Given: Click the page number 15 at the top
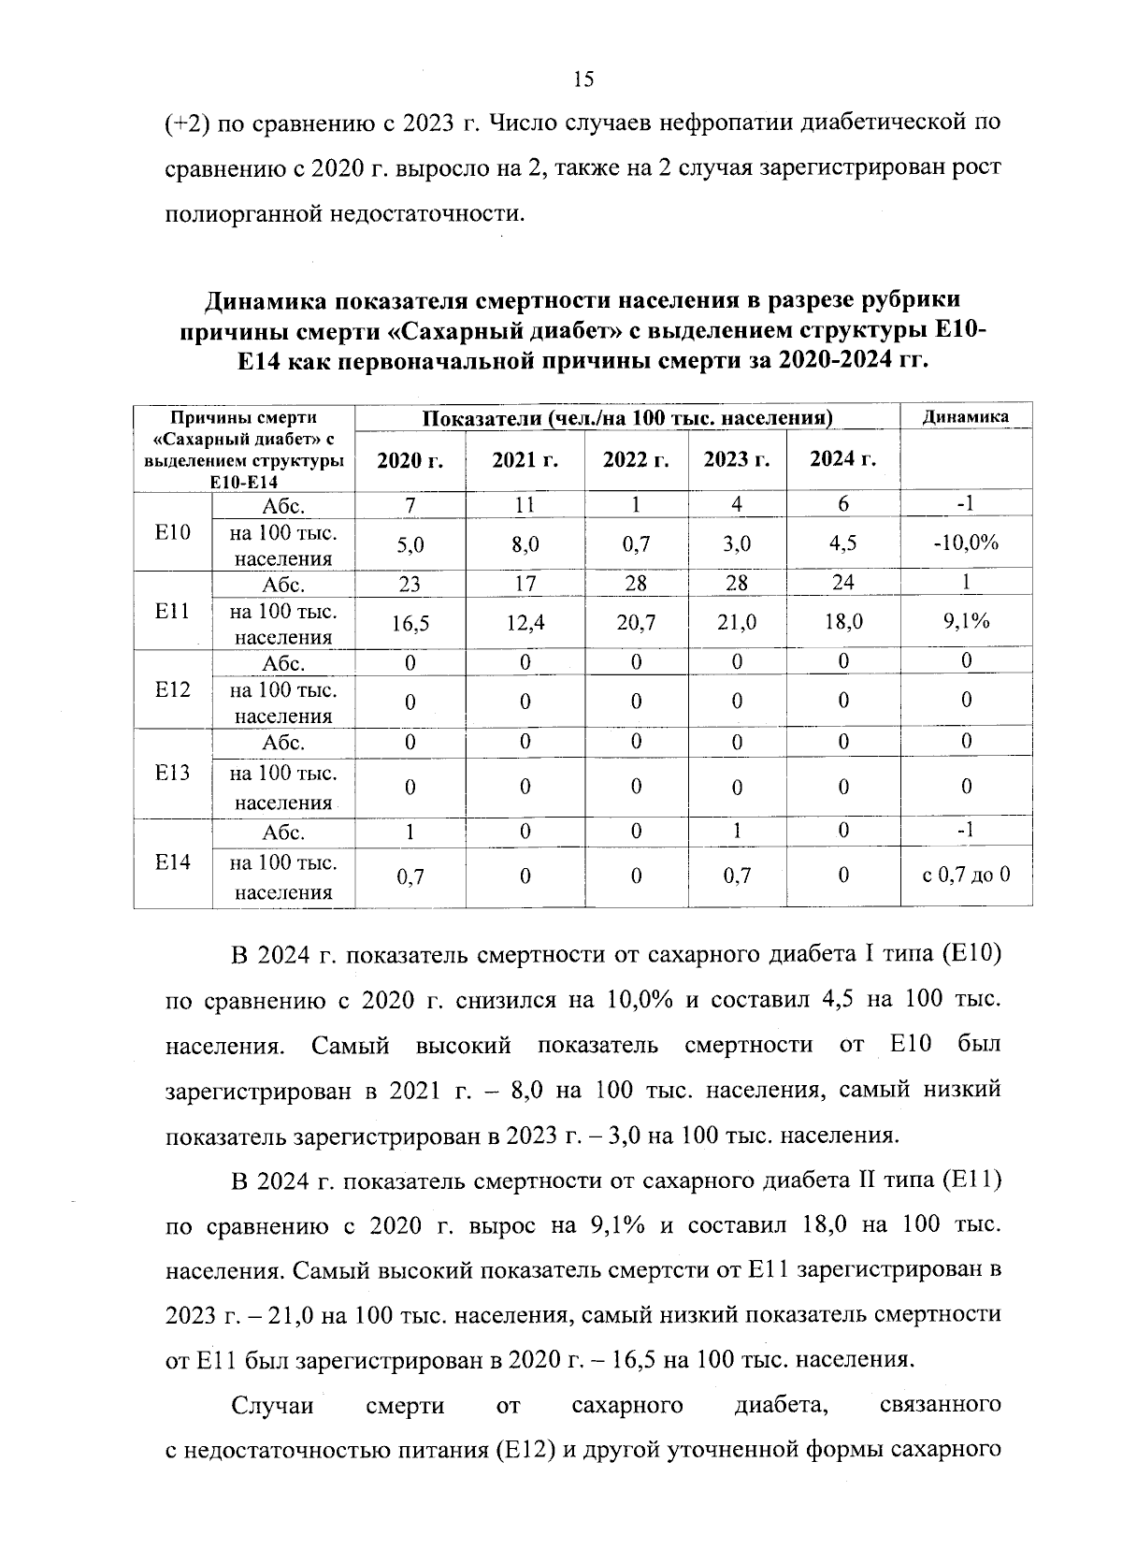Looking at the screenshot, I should coord(583,80).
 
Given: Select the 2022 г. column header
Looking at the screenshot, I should coord(635,460).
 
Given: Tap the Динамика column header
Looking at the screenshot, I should coord(965,417).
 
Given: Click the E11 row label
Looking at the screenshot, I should coord(173,611).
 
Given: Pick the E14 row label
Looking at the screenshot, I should coord(173,861).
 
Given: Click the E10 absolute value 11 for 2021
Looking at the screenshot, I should coord(525,504).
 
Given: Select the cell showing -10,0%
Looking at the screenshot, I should coord(966,543).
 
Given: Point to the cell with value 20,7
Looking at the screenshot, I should coord(635,623).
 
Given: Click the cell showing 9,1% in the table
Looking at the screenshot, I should coord(966,622).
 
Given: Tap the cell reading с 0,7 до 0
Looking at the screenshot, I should coord(966,876).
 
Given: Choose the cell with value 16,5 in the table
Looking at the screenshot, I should coord(410,623).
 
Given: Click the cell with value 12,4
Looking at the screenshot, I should coord(525,623).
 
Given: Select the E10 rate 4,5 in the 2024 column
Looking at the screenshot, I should coord(842,543).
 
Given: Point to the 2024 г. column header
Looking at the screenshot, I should coord(842,459).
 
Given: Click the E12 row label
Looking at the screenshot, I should coord(173,689).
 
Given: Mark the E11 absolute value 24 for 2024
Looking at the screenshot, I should coord(842,582).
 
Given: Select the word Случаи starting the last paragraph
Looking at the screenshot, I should coord(272,1405).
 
